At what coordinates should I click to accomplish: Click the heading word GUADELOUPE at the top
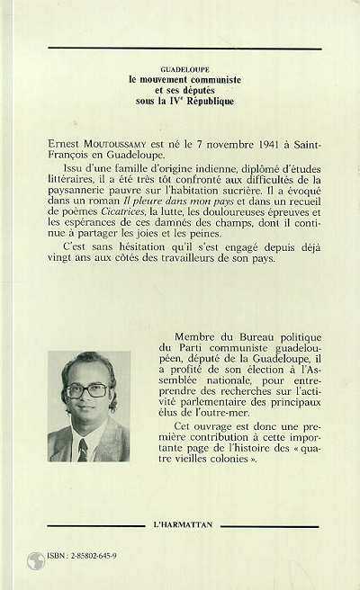[x=180, y=67]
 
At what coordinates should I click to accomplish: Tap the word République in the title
[x=206, y=101]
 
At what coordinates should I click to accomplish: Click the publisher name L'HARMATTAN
[x=181, y=523]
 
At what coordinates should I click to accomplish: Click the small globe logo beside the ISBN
[x=37, y=559]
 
